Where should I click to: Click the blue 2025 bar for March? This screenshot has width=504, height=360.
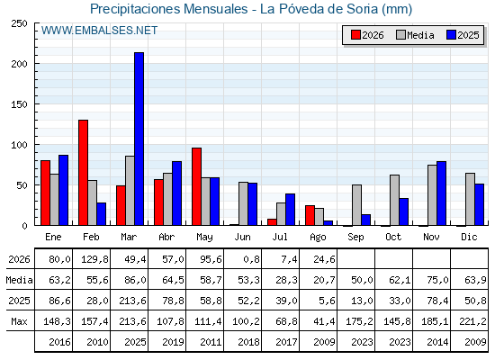coord(139,139)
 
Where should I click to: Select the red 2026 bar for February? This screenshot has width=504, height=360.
coord(83,173)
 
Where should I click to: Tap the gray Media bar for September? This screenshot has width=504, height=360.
coord(356,205)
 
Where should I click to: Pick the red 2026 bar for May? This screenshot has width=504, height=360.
coord(196,186)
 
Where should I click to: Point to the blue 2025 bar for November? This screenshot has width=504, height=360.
coord(441,193)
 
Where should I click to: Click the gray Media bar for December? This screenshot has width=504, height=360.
coord(470,199)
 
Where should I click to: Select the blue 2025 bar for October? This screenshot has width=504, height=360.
coord(404,211)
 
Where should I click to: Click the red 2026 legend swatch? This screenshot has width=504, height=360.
coord(355,35)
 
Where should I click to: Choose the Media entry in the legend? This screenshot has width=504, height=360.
coord(415,35)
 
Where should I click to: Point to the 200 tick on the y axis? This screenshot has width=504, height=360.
coord(19,64)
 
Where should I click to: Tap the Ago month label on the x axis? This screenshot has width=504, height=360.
coord(318,238)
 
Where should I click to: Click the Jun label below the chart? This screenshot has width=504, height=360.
coord(242,237)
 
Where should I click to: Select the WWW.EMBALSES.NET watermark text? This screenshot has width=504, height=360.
coord(99,31)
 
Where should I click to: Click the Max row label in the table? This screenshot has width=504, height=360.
coord(19,321)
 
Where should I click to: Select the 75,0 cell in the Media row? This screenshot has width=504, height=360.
coord(437,280)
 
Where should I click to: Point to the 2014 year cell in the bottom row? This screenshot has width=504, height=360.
coord(437,342)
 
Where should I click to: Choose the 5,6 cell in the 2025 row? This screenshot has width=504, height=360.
coord(327,301)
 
